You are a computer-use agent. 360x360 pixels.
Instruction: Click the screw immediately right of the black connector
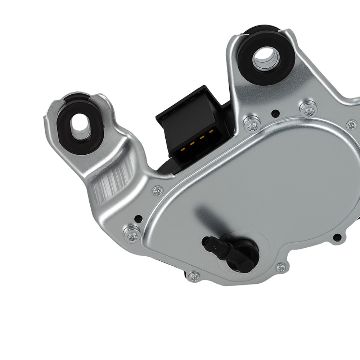tap(252, 125)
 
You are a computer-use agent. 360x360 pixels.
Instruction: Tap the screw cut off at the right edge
tap(351, 125)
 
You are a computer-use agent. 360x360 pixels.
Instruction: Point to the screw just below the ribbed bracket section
tap(157, 191)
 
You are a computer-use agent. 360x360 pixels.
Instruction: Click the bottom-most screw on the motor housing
tap(194, 276)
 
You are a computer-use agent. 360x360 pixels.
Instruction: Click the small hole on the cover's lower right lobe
tap(337, 237)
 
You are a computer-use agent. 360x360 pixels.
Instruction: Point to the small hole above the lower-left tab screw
tap(138, 218)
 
